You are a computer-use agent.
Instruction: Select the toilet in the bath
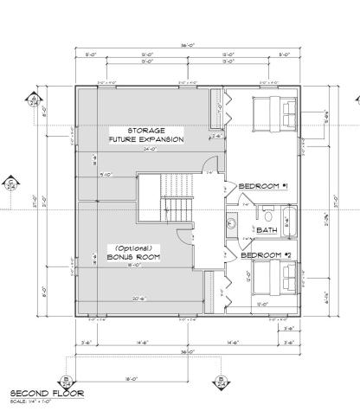(268, 214)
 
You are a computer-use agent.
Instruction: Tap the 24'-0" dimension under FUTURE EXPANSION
(150, 148)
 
